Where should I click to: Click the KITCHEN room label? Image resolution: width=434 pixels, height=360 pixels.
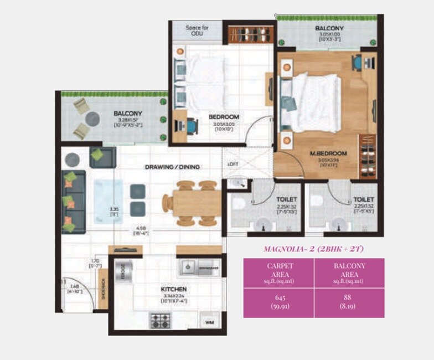coord(173,289)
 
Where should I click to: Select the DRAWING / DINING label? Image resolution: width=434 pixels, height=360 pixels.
coord(172,166)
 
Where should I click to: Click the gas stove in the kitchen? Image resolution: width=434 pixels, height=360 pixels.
coord(161,320)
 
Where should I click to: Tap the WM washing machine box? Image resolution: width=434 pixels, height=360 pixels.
coord(209,321)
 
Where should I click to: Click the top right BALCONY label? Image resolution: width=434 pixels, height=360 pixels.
coord(329,28)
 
